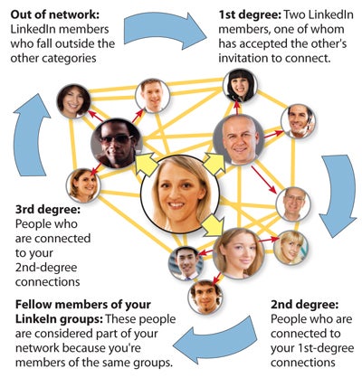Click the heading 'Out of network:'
tap(55, 14)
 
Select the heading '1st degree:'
tap(250, 14)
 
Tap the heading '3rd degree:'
tap(48, 209)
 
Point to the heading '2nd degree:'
tap(304, 305)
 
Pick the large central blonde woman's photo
tap(180, 194)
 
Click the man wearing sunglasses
tap(117, 143)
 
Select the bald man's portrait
tap(239, 139)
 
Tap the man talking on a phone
tap(298, 121)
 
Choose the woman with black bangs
tap(240, 86)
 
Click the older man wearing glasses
tap(293, 204)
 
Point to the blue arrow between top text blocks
tap(166, 31)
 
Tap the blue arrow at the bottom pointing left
tap(214, 340)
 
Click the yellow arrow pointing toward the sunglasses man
tap(147, 165)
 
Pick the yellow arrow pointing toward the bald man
tap(214, 164)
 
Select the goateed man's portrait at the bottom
tap(205, 298)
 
